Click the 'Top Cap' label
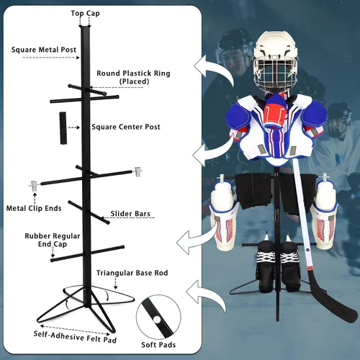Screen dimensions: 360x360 click(x=85, y=14)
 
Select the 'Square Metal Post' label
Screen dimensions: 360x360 click(x=44, y=50)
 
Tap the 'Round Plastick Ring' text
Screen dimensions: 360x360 click(x=133, y=73)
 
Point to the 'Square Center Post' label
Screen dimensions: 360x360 click(x=126, y=127)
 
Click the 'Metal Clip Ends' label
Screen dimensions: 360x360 click(x=34, y=208)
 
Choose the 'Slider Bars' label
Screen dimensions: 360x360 click(x=130, y=214)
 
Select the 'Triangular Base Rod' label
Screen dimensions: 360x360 click(x=132, y=273)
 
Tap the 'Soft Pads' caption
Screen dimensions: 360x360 click(x=158, y=345)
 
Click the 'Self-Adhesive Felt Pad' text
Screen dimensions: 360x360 click(x=75, y=337)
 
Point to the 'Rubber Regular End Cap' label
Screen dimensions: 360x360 click(x=53, y=240)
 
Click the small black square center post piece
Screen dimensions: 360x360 click(x=63, y=128)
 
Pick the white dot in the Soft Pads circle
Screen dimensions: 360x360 click(x=157, y=320)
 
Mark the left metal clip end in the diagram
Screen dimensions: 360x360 click(x=34, y=186)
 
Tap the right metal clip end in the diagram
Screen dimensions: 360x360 click(x=138, y=171)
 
